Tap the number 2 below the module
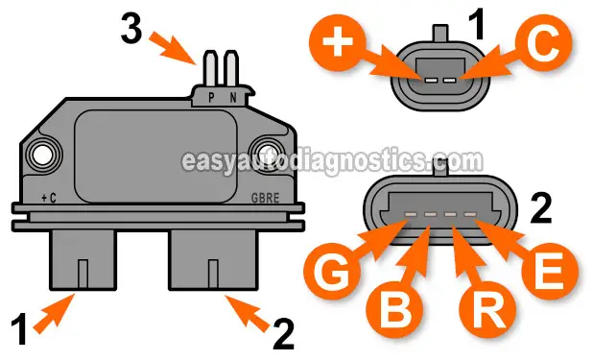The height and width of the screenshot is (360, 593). [x=283, y=333]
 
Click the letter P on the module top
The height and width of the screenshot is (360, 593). [x=212, y=97]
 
